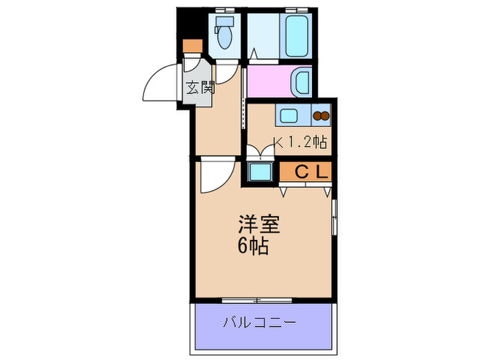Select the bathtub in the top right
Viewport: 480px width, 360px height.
click(x=296, y=38)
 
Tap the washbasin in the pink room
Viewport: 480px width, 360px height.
click(x=301, y=82)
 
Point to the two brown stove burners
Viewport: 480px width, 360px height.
click(x=321, y=116)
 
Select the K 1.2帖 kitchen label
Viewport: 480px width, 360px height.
click(x=300, y=142)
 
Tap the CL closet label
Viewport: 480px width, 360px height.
click(x=313, y=171)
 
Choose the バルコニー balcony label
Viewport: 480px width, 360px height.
click(x=259, y=322)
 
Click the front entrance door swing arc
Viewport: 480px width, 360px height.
click(x=160, y=83)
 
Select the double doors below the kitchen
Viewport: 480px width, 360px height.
click(x=259, y=152)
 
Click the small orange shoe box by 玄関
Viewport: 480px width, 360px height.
click(x=193, y=46)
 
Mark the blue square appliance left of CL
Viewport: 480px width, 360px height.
click(x=259, y=171)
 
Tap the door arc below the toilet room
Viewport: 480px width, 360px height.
click(x=228, y=71)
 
